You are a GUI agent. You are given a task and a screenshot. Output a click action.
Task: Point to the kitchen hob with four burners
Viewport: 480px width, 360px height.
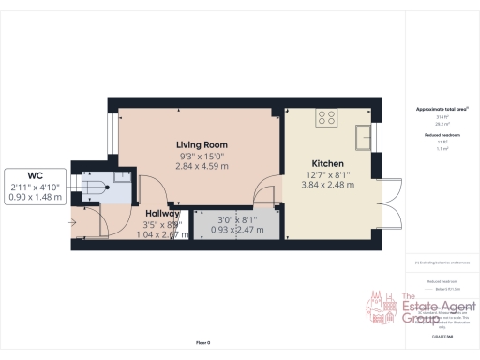[x=326, y=118]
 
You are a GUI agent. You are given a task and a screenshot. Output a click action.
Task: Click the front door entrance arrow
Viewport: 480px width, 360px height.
[x=74, y=222]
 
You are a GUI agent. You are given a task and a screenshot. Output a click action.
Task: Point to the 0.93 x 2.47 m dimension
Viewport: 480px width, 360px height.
[x=235, y=230]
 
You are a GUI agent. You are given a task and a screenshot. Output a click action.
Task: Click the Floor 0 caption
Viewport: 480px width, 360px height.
[x=202, y=344]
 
